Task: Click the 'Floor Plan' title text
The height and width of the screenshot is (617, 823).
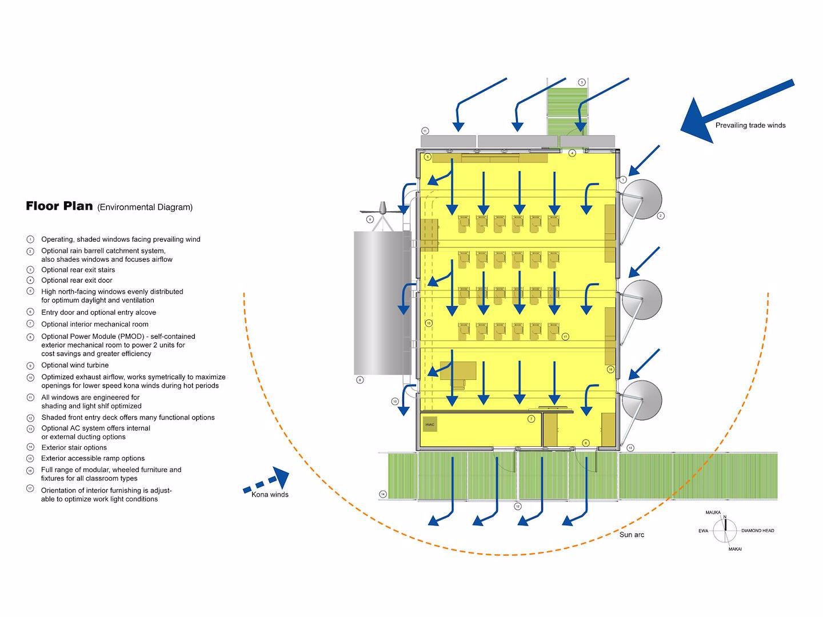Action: click(59, 206)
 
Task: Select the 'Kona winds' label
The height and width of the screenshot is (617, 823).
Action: click(270, 494)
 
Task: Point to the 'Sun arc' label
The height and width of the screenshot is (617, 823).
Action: click(632, 535)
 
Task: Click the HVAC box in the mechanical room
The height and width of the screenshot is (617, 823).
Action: click(430, 424)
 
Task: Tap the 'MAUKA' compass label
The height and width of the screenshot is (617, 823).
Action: click(713, 512)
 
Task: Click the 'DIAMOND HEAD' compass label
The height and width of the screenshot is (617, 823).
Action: click(757, 531)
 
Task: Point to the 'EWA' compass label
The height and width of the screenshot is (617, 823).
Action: click(703, 531)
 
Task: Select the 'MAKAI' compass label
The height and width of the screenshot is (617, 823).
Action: click(735, 549)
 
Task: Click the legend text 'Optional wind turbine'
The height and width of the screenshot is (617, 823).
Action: click(75, 365)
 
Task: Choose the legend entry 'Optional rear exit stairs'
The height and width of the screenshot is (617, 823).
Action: click(78, 270)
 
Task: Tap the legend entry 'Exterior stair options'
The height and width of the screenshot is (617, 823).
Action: click(74, 447)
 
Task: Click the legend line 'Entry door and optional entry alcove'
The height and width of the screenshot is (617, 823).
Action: click(98, 312)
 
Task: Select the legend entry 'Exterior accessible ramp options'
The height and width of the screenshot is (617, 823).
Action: click(93, 458)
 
